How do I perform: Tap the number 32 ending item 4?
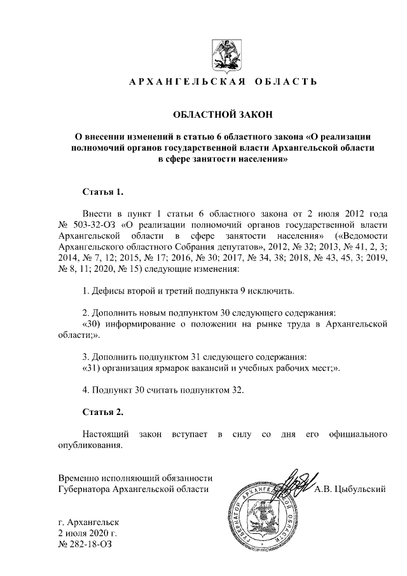click(238, 390)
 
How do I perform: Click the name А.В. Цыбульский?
click(351, 489)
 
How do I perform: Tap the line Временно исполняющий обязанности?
click(135, 477)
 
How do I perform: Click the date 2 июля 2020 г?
click(88, 533)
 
